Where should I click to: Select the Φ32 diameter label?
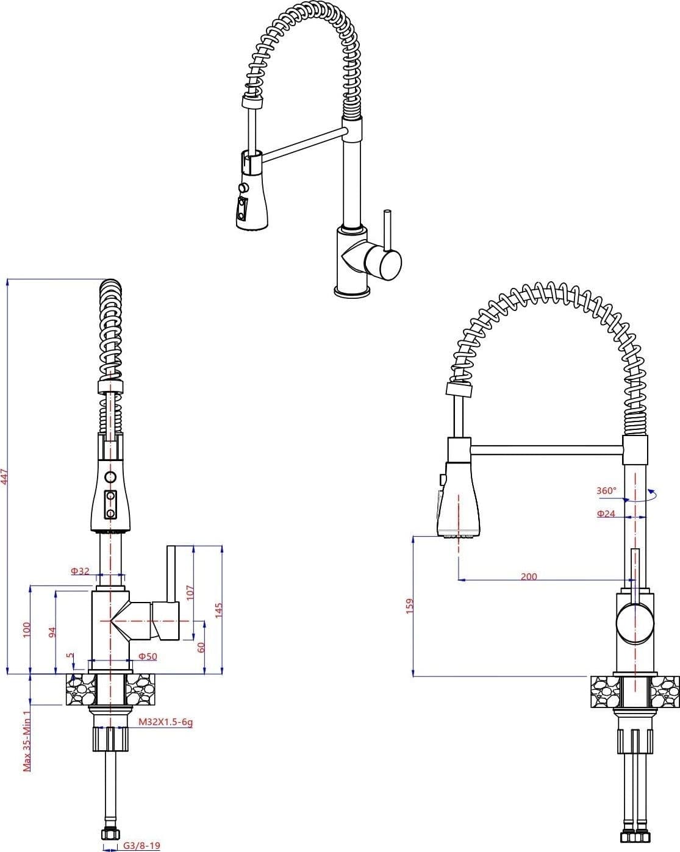81,571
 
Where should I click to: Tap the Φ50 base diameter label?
148,656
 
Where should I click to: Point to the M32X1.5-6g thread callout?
165,722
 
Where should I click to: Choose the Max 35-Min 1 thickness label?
27,741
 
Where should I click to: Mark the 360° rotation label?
607,490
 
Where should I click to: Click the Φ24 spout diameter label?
606,514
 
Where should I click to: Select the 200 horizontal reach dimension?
529,576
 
